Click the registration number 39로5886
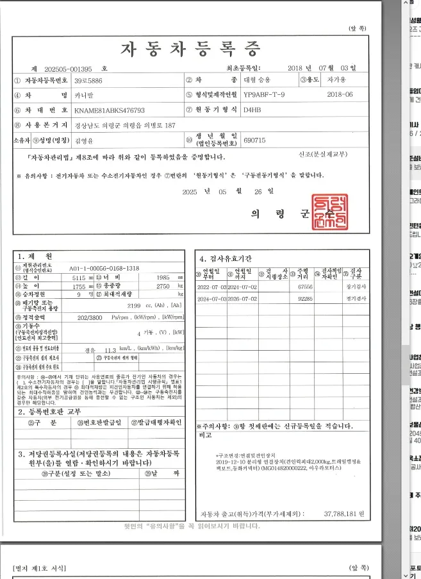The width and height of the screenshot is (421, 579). pos(88,81)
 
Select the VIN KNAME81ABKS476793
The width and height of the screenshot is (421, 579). pos(110,110)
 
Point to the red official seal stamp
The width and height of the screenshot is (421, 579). pos(329,212)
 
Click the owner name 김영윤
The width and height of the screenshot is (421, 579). pos(84,140)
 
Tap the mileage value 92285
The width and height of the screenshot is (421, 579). pos(305,299)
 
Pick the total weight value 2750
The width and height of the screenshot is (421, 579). pos(163,287)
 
